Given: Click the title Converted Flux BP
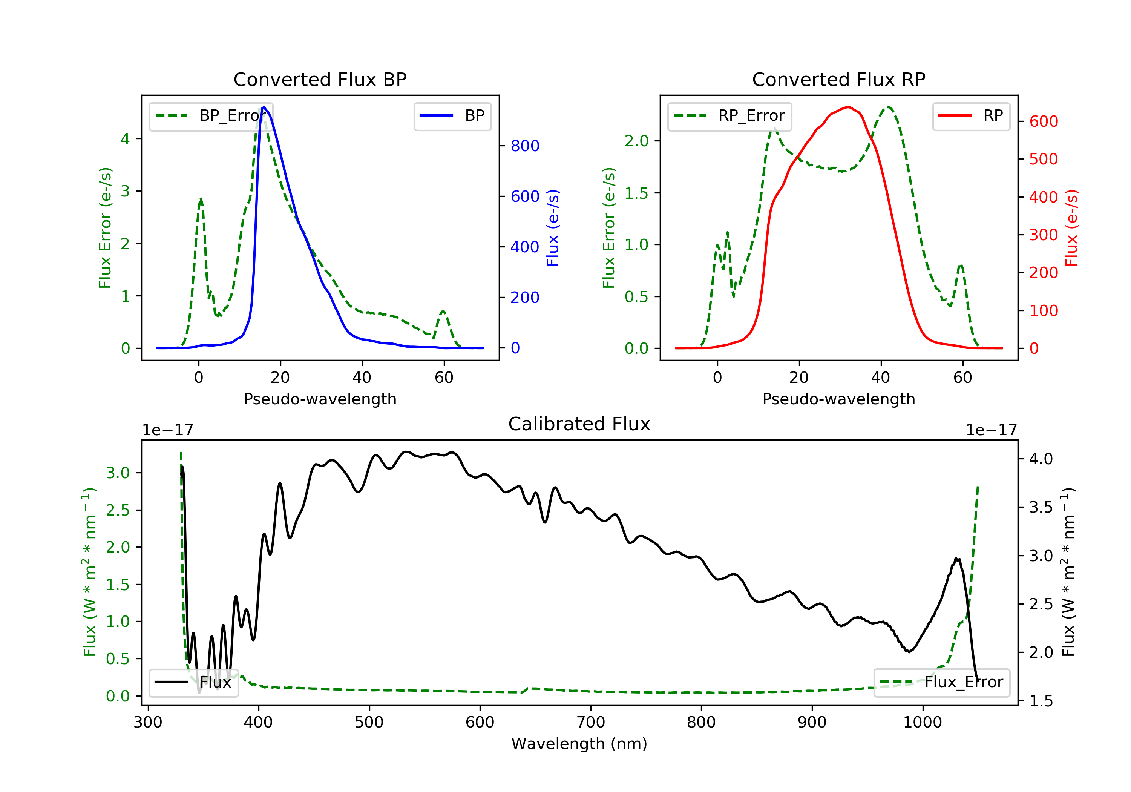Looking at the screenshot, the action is click(x=320, y=79).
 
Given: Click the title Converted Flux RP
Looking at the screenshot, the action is click(x=838, y=79).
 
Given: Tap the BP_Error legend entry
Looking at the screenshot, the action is click(x=211, y=116).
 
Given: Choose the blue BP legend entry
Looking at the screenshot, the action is click(x=452, y=116).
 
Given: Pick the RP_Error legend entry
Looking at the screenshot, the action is click(x=729, y=116).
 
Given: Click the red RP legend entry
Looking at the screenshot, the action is click(x=970, y=116).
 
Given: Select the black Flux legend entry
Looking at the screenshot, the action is click(x=193, y=682).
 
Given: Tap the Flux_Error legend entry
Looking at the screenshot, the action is click(x=941, y=682).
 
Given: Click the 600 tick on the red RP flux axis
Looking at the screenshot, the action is click(x=1043, y=121).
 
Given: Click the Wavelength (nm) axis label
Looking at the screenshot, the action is click(x=579, y=744).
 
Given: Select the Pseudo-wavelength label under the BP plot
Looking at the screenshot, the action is click(x=320, y=399).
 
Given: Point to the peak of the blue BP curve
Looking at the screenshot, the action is click(x=264, y=107).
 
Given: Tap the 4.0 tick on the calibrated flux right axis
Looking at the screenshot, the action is click(x=1041, y=459).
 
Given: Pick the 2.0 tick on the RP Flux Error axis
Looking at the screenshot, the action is click(x=636, y=141).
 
